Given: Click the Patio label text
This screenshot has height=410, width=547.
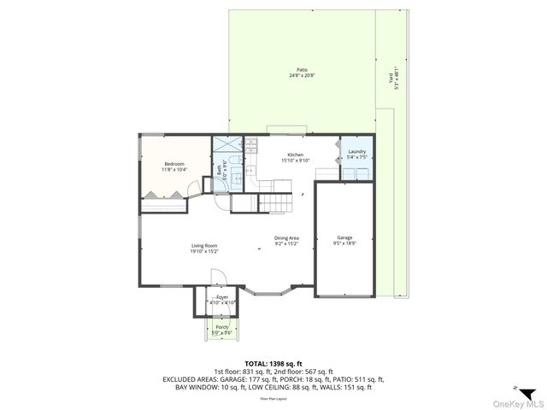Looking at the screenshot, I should (302, 70).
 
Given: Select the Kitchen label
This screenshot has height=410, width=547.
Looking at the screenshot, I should (294, 155).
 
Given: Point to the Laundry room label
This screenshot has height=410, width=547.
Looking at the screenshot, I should (356, 151).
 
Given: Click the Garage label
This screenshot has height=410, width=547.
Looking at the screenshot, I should (344, 237).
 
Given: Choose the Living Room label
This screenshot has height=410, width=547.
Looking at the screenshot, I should (203, 246).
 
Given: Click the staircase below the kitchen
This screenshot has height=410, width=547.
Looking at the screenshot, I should (272, 203).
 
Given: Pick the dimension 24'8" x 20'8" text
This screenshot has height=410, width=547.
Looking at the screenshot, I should (302, 76).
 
